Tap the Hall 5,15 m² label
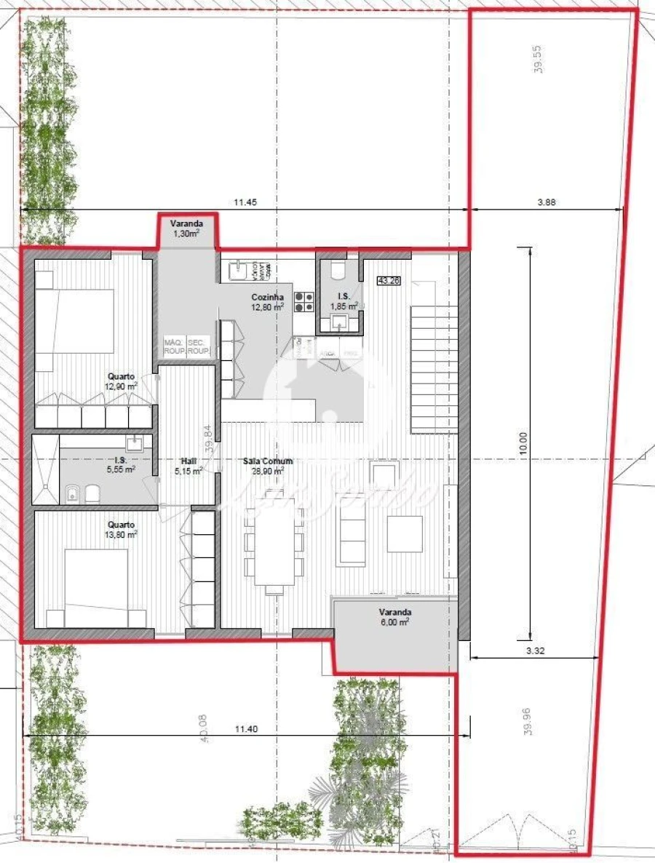(x=188, y=465)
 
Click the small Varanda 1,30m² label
(x=187, y=228)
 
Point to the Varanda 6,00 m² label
(x=394, y=617)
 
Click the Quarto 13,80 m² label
(x=122, y=529)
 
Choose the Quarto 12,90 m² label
(x=122, y=381)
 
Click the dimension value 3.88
(x=547, y=203)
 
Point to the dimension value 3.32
(x=535, y=651)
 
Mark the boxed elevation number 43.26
(x=389, y=280)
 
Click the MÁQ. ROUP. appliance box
(x=174, y=346)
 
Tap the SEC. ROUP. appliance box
(x=198, y=346)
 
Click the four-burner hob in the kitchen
(x=303, y=301)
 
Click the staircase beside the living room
(x=434, y=367)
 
